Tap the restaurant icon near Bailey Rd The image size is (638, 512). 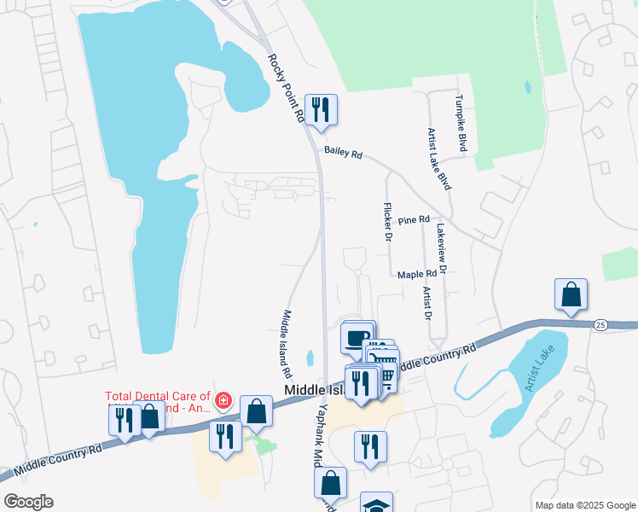(x=321, y=109)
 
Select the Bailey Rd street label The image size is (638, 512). (x=344, y=153)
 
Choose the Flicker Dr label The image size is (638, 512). (x=387, y=222)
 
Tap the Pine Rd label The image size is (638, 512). (x=413, y=220)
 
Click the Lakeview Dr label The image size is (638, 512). (x=441, y=248)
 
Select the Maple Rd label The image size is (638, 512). (x=417, y=274)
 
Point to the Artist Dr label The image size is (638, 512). (x=426, y=303)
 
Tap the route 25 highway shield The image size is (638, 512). (x=600, y=325)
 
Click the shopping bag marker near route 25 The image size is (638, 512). (x=571, y=294)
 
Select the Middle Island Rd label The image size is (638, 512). (x=287, y=344)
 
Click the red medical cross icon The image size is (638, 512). (x=223, y=400)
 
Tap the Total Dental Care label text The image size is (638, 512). (x=158, y=401)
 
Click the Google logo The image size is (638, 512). (x=28, y=501)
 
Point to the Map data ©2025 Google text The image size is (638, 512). (x=584, y=505)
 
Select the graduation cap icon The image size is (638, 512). (x=376, y=504)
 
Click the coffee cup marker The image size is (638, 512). (x=357, y=335)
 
